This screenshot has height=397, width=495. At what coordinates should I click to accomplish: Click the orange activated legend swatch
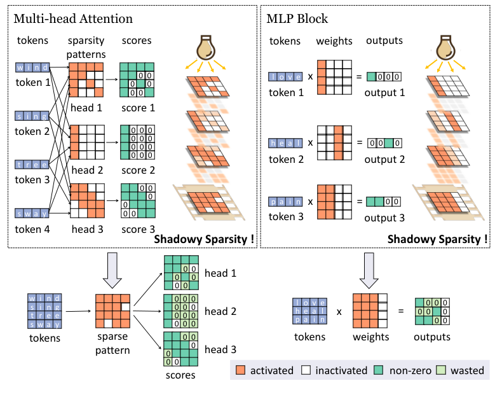240,370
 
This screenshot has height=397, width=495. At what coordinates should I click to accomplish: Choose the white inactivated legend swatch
306,370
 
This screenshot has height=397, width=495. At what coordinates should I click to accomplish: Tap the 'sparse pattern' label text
112,344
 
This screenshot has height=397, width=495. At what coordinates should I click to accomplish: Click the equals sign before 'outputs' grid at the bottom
398,312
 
